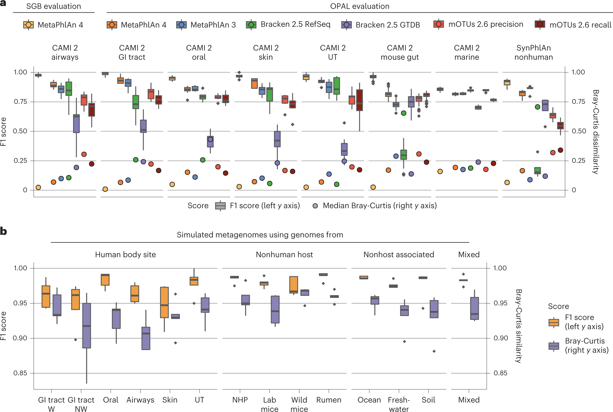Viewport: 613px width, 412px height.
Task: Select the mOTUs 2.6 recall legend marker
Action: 540,24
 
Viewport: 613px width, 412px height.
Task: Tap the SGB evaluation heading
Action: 54,6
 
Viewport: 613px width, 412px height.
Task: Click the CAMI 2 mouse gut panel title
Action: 399,52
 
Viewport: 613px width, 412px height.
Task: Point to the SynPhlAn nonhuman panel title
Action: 533,52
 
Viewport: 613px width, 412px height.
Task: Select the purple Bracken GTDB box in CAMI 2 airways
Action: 76,124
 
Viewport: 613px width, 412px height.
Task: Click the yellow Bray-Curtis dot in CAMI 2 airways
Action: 38,187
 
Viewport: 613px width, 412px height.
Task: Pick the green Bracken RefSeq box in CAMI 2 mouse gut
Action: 403,154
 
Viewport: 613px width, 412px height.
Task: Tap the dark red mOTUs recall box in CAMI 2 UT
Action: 359,100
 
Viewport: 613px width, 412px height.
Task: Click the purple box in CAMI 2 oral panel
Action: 210,141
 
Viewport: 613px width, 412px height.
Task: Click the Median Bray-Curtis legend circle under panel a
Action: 315,206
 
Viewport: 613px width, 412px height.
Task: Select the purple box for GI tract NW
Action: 87,325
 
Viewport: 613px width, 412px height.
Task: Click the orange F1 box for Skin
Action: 164,302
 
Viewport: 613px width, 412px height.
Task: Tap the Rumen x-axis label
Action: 329,400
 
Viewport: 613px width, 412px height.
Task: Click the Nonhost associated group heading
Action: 399,254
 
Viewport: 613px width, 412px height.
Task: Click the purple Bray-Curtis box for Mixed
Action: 474,308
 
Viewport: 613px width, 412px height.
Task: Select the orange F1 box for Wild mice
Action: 294,285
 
